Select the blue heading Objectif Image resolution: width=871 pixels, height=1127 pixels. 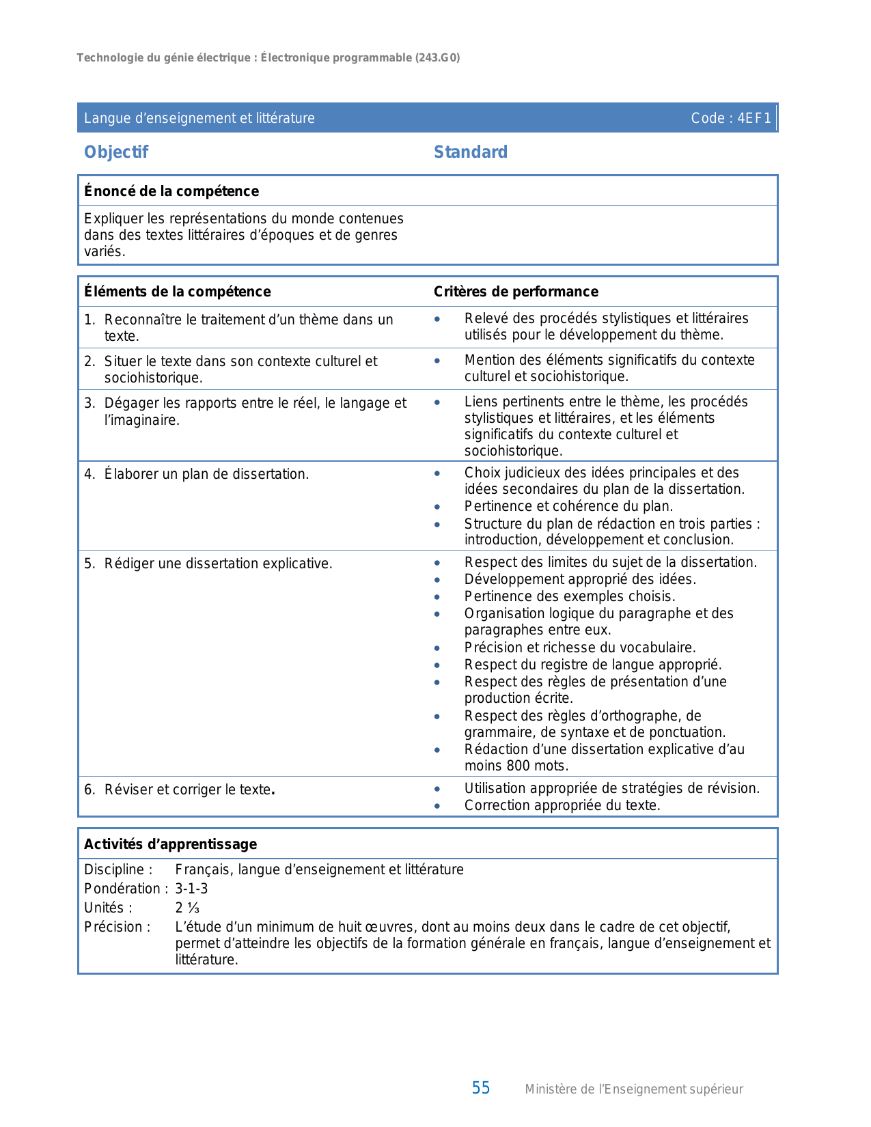[116, 152]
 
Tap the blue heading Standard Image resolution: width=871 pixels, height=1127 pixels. [471, 152]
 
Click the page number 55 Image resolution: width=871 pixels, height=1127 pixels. [481, 1088]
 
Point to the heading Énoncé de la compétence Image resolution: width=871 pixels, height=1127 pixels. [171, 191]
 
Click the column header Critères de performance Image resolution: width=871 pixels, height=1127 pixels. [516, 292]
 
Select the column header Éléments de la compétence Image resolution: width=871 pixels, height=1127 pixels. [178, 292]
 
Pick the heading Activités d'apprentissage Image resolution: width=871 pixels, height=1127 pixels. [171, 844]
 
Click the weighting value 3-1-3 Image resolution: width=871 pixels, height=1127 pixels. [191, 889]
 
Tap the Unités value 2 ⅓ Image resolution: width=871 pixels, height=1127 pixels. [187, 908]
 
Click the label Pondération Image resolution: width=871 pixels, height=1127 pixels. [123, 889]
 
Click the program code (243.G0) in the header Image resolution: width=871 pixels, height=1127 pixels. [437, 58]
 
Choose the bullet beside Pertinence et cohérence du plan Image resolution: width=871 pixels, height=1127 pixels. [437, 507]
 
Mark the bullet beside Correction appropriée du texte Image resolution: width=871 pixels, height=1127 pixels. [437, 806]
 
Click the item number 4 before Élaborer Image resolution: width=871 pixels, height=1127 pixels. [89, 474]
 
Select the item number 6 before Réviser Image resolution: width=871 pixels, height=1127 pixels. [89, 790]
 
